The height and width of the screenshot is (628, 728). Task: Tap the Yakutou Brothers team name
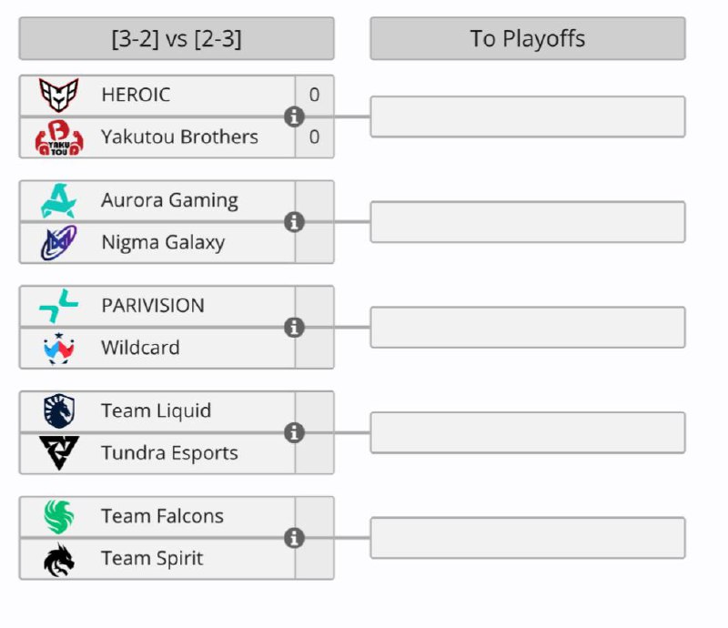(x=179, y=137)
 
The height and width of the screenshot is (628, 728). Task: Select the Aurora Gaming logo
(x=59, y=200)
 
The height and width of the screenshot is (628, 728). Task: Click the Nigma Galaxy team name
(x=163, y=243)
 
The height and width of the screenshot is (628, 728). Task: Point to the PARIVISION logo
(x=59, y=306)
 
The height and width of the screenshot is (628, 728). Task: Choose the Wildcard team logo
(x=59, y=348)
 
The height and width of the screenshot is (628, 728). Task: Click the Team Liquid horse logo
(x=59, y=411)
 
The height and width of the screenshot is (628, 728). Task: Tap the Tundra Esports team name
(x=169, y=453)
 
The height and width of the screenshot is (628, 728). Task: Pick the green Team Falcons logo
(x=59, y=517)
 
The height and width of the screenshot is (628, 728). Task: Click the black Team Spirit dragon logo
(x=59, y=559)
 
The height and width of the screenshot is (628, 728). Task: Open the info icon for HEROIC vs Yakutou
(x=294, y=116)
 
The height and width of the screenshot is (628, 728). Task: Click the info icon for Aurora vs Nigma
(x=294, y=222)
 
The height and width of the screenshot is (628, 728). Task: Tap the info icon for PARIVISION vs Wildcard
(x=294, y=328)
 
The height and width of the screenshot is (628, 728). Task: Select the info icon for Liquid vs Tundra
(x=294, y=433)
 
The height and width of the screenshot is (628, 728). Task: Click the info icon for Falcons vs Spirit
(x=294, y=539)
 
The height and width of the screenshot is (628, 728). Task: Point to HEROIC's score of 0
(x=314, y=95)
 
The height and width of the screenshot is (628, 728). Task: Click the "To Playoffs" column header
(x=527, y=38)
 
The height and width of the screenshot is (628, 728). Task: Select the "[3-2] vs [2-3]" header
(x=176, y=38)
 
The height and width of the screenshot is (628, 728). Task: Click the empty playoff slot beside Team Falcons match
(x=527, y=538)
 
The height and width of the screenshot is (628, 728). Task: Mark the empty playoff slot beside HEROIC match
(x=527, y=116)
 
